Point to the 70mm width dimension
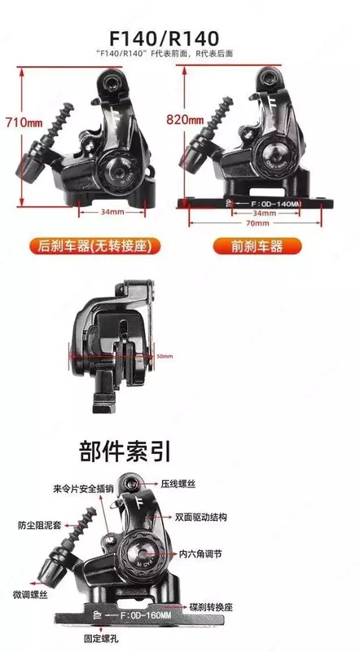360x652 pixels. point(259,222)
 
